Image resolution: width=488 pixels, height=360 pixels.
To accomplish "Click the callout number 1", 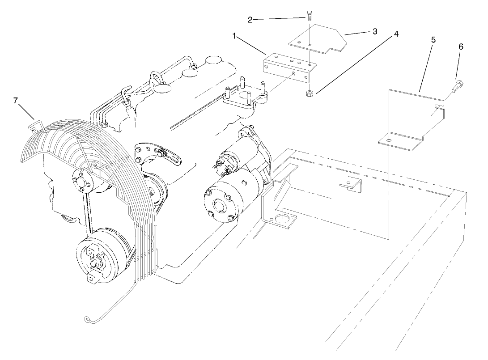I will point(234,36).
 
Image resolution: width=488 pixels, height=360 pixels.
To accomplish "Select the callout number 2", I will point(250,19).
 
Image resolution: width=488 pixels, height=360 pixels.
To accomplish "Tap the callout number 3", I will point(374,31).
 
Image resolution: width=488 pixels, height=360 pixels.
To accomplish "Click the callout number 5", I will point(433,39).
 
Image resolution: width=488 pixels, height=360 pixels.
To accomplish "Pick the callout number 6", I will point(461,46).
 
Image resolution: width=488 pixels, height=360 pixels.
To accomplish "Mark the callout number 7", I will point(16,101).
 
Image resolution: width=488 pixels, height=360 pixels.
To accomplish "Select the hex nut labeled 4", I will point(309,93).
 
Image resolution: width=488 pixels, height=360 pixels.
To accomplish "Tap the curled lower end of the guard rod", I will point(88,319).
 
